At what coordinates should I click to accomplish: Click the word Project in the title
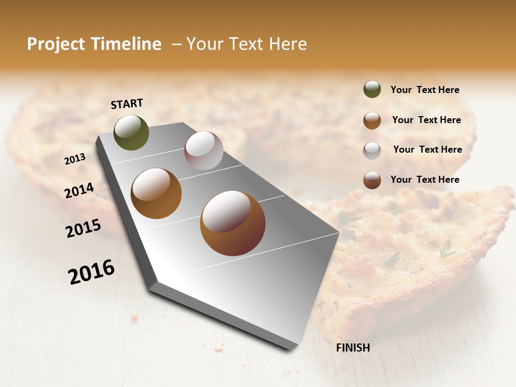tap(56, 44)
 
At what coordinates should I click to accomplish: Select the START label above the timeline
tap(127, 103)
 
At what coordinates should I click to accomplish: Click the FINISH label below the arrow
tap(353, 348)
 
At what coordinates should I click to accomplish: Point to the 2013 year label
tap(75, 159)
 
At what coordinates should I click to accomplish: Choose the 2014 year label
tap(79, 190)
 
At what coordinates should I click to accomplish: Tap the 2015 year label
tap(83, 228)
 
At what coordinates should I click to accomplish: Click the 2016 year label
tap(91, 272)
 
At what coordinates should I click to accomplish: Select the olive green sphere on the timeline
tap(131, 132)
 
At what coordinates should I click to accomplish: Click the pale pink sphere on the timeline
tap(204, 150)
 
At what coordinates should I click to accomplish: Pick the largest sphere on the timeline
tap(233, 223)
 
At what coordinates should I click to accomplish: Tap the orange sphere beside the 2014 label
tap(156, 193)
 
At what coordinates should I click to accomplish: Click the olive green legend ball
tap(372, 89)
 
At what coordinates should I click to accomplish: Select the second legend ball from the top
tap(372, 120)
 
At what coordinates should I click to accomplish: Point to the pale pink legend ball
tap(372, 150)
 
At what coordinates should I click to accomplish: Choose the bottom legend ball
tap(372, 180)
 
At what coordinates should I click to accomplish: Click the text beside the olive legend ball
tap(425, 90)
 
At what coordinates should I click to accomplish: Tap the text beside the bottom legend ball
tap(425, 180)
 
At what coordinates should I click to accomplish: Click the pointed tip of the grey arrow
tap(293, 348)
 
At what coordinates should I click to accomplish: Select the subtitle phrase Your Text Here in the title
tap(247, 44)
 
